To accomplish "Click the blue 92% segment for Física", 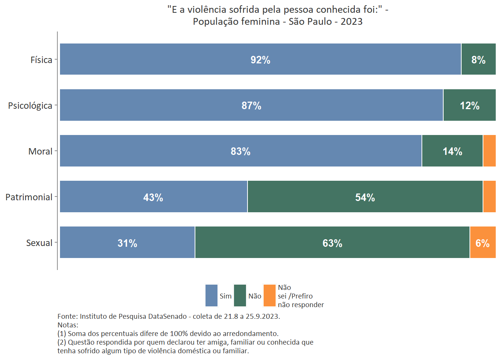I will point(260,59).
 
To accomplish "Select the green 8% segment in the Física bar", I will point(478,59).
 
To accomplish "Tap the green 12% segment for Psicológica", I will point(469,105).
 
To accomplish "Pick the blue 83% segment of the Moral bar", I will point(240,151).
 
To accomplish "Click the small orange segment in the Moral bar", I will point(489,151).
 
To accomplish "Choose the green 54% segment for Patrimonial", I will point(365,196).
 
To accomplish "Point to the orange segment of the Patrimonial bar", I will point(489,196).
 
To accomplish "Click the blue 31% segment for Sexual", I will point(127,242).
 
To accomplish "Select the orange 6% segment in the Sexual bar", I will point(482,242).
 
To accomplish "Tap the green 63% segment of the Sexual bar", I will point(332,242).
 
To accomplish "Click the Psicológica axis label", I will point(30,105).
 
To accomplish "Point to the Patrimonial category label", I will point(29,197).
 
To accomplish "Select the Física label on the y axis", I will point(41,60).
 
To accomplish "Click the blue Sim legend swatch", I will point(211,295).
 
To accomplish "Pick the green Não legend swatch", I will point(240,295).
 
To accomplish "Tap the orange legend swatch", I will point(269,295).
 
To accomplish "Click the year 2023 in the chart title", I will point(351,21).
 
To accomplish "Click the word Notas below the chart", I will point(67,325).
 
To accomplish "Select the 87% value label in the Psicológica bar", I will point(251,105).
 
